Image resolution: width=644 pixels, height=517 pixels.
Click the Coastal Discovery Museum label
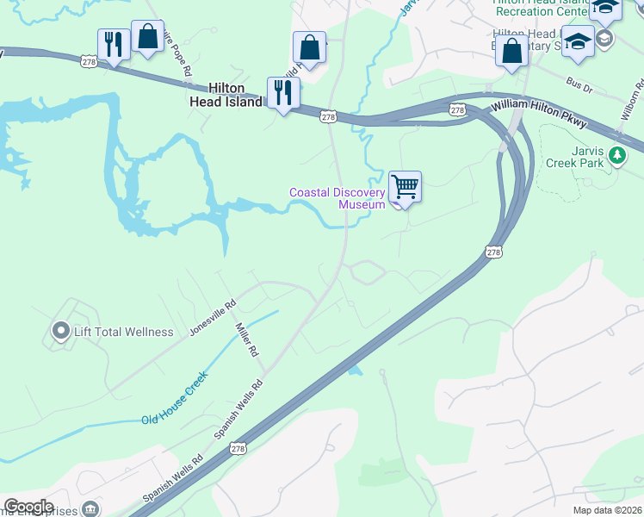337,198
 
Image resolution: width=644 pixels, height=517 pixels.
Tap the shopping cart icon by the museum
405,187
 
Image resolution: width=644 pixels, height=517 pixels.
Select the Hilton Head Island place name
226,95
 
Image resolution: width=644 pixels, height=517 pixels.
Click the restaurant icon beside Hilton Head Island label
282,93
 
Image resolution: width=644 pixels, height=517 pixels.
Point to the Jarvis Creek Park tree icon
616,155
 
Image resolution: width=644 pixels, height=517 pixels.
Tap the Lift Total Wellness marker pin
60,331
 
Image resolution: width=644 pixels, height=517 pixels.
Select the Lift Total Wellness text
125,332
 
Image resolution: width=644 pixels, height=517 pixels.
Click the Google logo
28,507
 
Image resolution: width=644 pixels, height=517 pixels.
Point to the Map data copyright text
607,510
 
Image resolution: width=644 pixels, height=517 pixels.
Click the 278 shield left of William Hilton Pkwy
456,109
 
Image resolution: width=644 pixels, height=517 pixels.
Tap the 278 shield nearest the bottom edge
238,449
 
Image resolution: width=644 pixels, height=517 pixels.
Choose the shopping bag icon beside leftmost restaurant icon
147,37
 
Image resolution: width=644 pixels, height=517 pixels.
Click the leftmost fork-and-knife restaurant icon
114,45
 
